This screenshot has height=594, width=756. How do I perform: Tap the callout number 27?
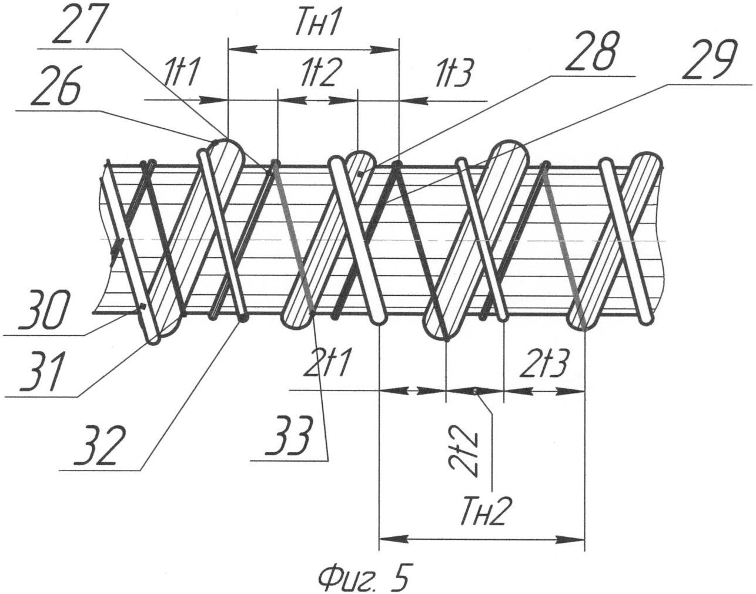click(x=76, y=25)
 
